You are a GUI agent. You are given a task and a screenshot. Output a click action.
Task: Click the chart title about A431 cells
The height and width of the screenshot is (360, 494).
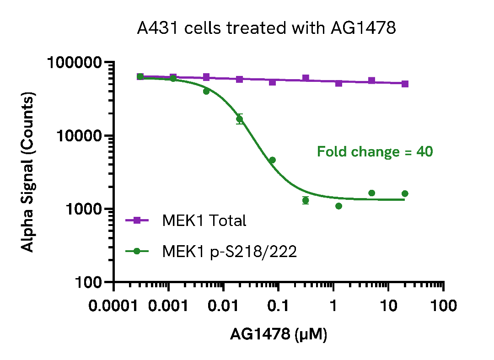point(266,28)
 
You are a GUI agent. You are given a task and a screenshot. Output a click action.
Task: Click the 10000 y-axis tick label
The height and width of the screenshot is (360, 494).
point(81,136)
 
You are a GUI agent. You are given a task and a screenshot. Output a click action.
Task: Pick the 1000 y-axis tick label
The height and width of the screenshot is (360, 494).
point(85,209)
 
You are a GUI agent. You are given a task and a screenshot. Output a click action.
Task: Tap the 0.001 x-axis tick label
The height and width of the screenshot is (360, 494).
point(169,306)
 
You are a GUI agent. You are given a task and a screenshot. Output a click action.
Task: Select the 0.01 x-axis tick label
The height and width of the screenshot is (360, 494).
point(223,306)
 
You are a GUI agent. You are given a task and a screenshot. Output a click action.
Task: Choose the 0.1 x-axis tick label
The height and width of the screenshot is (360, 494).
point(279,306)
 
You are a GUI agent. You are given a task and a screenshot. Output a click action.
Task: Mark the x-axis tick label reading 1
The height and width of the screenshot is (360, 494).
point(333,306)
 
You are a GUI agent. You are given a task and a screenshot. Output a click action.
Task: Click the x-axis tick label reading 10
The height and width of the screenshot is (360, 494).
point(388,306)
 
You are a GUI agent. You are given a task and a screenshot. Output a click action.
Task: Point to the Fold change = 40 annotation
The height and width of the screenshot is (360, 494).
point(375,151)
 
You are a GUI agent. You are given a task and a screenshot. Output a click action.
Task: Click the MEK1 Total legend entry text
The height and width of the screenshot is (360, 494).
point(204,220)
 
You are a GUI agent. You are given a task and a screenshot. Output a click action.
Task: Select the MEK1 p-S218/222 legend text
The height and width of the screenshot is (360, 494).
point(229,251)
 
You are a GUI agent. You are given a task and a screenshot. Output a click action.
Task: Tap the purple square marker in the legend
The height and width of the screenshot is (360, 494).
point(137,220)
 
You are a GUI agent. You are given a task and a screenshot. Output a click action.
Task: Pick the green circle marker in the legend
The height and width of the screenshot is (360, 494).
point(137,251)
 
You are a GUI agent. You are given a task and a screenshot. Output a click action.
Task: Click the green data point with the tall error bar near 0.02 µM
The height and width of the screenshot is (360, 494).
point(239,119)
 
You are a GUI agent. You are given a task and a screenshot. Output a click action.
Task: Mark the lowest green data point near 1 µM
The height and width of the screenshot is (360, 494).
point(338,206)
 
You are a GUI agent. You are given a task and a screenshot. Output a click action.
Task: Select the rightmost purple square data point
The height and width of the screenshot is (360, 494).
point(405,84)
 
